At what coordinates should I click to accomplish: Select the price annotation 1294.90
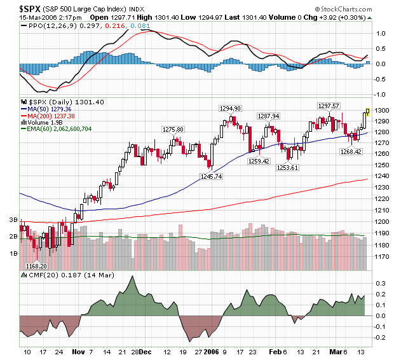230,109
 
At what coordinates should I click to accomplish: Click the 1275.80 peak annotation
173,129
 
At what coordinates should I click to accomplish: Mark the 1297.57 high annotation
329,106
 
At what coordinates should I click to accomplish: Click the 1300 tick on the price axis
381,111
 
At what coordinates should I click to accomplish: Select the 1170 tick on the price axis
381,258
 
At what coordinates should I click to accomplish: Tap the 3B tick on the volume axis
12,219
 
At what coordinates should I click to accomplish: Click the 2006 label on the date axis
210,351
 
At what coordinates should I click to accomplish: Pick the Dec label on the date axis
144,351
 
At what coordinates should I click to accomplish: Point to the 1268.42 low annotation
351,152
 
